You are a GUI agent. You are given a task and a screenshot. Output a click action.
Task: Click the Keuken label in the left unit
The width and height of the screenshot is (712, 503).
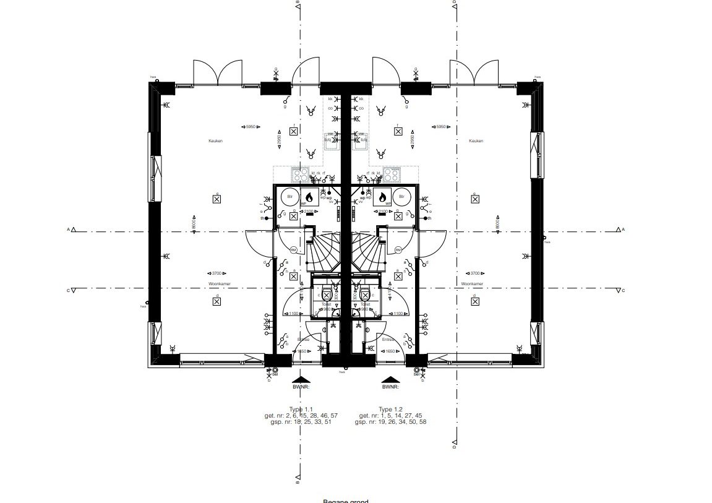pos(215,141)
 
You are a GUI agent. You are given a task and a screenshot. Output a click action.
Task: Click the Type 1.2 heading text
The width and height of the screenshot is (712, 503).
pos(390,410)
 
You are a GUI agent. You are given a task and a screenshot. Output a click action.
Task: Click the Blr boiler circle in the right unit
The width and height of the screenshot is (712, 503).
pos(402,197)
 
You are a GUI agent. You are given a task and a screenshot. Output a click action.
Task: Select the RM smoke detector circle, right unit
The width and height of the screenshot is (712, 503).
pos(398,250)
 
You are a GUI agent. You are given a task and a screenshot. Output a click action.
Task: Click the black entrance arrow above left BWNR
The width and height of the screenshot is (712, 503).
pos(302,380)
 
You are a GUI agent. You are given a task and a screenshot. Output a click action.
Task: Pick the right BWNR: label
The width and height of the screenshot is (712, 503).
pos(390,388)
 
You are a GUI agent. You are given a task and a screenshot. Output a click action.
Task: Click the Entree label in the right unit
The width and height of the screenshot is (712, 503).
pos(388,339)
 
